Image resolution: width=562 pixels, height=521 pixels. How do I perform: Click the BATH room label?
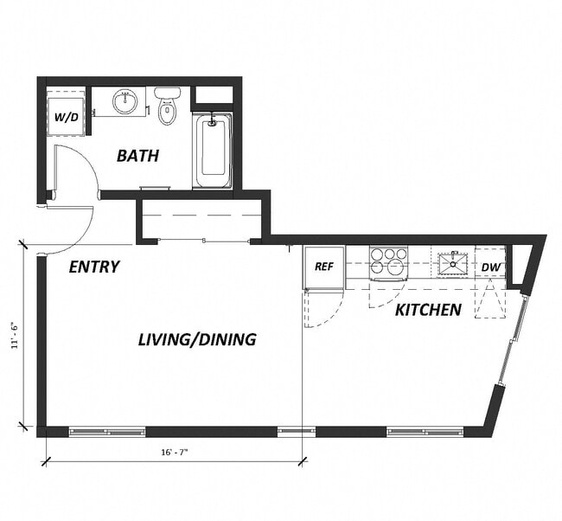[138, 157]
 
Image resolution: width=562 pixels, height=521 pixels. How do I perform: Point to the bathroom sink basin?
[126, 102]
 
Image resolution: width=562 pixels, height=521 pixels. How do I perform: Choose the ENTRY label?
[93, 267]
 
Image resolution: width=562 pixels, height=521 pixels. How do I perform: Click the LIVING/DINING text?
[197, 339]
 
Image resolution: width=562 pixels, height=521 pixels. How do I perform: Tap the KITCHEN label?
[428, 309]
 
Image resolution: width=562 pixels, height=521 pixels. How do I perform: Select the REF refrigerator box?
[324, 267]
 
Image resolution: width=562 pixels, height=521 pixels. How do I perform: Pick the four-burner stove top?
[388, 261]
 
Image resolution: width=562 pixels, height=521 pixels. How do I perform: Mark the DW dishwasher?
[490, 267]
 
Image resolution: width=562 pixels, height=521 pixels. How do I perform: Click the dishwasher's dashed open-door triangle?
[489, 303]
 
